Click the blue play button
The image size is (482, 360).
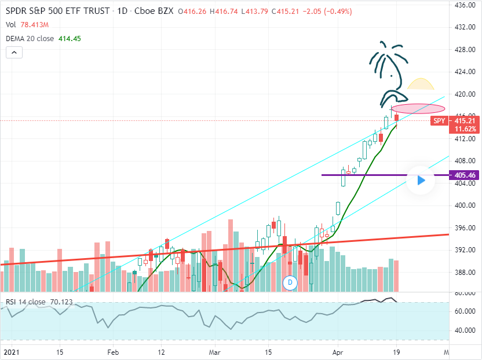[421, 181]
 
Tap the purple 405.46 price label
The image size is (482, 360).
[466, 175]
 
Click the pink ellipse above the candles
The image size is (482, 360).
[418, 109]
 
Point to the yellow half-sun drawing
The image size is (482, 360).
[421, 84]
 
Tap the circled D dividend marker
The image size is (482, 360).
[289, 282]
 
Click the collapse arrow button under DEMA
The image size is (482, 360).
[14, 53]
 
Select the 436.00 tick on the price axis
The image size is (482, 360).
[465, 5]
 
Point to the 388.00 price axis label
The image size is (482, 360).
[465, 272]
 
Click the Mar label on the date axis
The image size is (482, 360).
[215, 351]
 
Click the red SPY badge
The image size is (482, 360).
[439, 121]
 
